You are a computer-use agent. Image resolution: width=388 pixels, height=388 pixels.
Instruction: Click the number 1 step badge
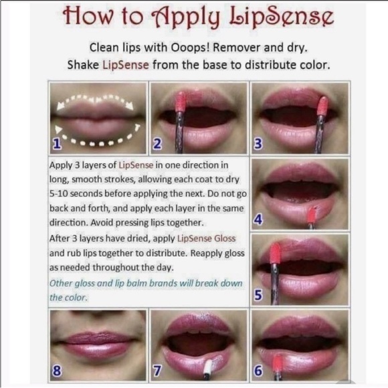pos(58,143)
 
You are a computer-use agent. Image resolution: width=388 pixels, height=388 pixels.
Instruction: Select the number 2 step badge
pos(158,143)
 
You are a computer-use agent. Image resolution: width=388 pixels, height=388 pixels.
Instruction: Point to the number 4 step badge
pos(258,219)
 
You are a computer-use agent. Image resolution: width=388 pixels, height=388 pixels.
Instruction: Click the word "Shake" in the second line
pos(84,65)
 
